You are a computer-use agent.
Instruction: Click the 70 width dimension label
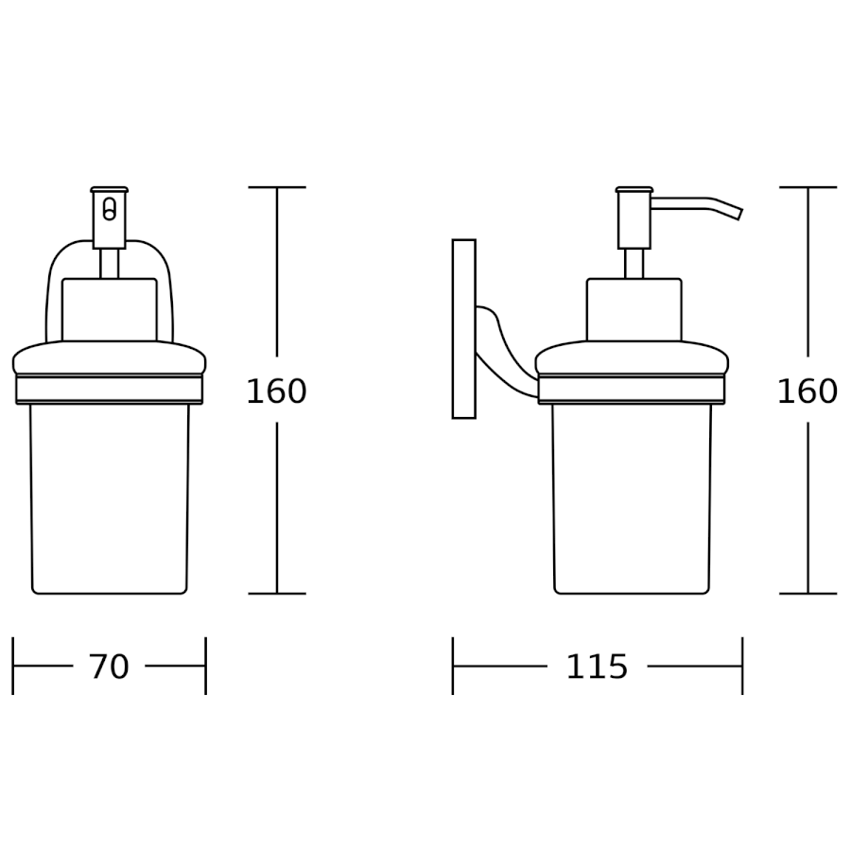[x=109, y=667]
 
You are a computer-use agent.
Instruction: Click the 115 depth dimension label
[x=597, y=667]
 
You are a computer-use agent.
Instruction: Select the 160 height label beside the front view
[x=277, y=391]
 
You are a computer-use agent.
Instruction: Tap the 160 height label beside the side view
[x=808, y=391]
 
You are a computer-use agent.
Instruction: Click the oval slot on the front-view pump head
[x=109, y=210]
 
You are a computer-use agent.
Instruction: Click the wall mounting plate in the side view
[x=464, y=329]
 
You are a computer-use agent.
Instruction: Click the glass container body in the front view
[x=109, y=498]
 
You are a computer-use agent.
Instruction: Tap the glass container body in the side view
[x=632, y=498]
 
